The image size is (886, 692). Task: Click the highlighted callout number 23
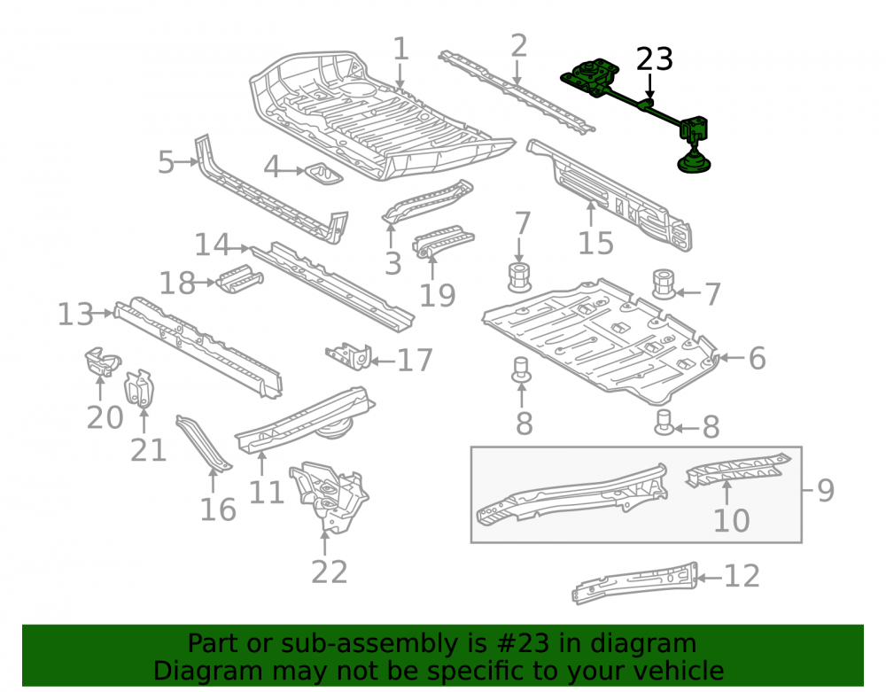pyautogui.click(x=655, y=58)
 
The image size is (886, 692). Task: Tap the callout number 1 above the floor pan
pyautogui.click(x=400, y=49)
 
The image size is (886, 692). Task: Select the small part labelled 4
pyautogui.click(x=324, y=174)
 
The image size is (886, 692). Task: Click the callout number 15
pyautogui.click(x=595, y=244)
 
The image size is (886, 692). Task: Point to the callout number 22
pyautogui.click(x=329, y=571)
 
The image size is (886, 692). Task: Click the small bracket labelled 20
pyautogui.click(x=102, y=362)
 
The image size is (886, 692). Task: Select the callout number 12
pyautogui.click(x=742, y=576)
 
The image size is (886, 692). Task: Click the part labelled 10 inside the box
pyautogui.click(x=737, y=470)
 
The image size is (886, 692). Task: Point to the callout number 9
pyautogui.click(x=826, y=490)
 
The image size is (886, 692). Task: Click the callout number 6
pyautogui.click(x=758, y=358)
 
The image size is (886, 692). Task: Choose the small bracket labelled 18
pyautogui.click(x=239, y=278)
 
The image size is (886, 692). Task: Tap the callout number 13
pyautogui.click(x=75, y=314)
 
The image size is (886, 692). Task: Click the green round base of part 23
pyautogui.click(x=696, y=164)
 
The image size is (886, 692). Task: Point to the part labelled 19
pyautogui.click(x=443, y=242)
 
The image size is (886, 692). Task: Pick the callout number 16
pyautogui.click(x=218, y=509)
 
